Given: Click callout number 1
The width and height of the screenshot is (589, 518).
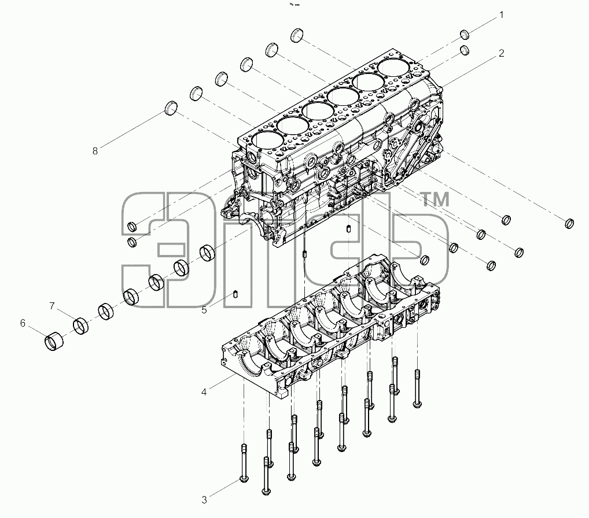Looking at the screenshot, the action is (x=501, y=15).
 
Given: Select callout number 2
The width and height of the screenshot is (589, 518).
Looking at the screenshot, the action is (x=501, y=53).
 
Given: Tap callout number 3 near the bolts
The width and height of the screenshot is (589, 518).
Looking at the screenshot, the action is (x=204, y=499).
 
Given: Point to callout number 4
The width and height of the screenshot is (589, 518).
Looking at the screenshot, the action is (x=204, y=392).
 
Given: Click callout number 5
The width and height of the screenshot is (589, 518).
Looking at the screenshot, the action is (x=204, y=310).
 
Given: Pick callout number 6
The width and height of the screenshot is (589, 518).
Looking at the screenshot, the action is (x=23, y=323).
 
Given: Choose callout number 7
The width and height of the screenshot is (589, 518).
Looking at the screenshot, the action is (x=52, y=306).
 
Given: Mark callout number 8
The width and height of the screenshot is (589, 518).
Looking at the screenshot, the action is (x=95, y=151).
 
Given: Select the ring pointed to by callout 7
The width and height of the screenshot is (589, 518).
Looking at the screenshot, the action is (x=81, y=326).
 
